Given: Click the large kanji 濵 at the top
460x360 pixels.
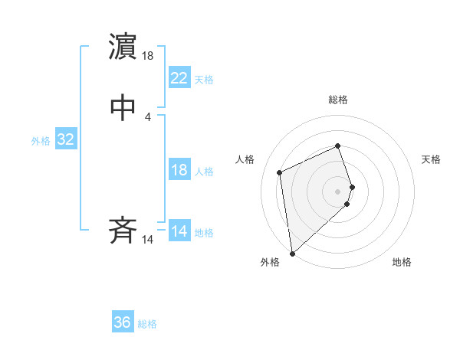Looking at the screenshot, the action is pos(123,47).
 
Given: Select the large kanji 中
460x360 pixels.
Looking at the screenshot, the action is pos(123,108).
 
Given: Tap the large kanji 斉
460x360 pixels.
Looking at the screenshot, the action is pos(123,231).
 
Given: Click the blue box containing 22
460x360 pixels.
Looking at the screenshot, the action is pos(179,77).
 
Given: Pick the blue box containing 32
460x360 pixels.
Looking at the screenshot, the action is pos(65,139).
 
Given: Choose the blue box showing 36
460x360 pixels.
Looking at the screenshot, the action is pos(123,322).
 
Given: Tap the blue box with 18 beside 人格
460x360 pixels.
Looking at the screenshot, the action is pos(179,170).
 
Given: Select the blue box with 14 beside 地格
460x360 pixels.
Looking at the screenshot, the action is pos(179,231).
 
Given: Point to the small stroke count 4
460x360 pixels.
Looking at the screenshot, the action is pos(147,117).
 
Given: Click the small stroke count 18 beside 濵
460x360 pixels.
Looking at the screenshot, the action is pos(149,56).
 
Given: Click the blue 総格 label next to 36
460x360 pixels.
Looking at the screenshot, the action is pos(147,324).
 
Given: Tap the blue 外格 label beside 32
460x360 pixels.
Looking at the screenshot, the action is pos(41,141).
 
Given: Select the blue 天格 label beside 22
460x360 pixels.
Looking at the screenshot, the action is pos(204,80).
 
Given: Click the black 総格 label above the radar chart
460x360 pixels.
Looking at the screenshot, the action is pos(338,100).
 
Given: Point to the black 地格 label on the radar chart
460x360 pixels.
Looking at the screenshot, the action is pos(402,263).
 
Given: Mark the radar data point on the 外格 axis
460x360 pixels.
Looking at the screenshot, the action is pos(291,253).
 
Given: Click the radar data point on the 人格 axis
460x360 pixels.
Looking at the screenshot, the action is pos(281,172).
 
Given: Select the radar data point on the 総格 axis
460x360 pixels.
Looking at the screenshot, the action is pos(338,146).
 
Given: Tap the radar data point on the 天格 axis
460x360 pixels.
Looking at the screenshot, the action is pos(352,186).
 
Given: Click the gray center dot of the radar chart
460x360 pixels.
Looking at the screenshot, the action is pos(338,191).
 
